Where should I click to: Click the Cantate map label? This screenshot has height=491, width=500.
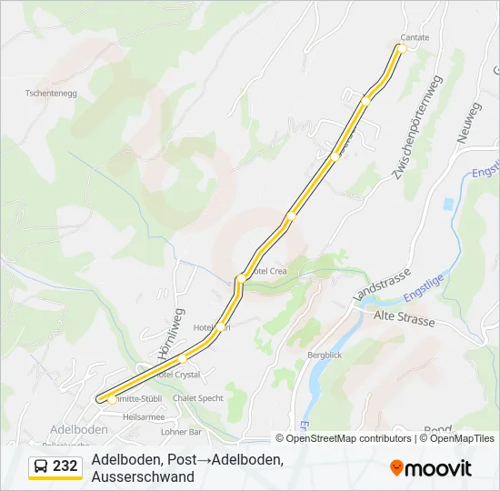414,37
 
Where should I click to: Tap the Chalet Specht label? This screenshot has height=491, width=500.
199,398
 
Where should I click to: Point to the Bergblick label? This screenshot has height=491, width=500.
325,355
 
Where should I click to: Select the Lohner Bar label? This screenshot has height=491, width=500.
180,432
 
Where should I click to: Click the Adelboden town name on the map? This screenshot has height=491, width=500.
79,429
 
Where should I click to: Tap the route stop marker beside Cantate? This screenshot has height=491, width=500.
401,47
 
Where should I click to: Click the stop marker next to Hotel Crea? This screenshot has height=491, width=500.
240,278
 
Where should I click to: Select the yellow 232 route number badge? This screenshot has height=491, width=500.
66,466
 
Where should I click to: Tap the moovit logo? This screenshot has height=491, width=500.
431,468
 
